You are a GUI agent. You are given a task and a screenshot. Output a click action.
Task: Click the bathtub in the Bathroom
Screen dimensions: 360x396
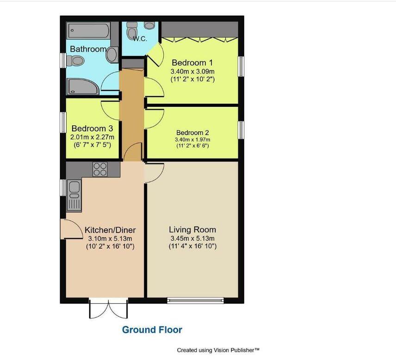(x=89, y=31)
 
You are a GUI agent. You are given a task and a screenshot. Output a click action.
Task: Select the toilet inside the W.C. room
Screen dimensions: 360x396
(x=132, y=32)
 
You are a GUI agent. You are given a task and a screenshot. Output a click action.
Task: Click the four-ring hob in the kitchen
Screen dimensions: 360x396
(x=99, y=170)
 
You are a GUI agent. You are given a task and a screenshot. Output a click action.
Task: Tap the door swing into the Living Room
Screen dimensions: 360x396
(x=154, y=173)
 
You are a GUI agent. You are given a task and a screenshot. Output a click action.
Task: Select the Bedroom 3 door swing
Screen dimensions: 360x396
(x=111, y=109)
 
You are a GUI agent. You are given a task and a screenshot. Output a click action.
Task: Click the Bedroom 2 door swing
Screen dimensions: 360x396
(x=154, y=119)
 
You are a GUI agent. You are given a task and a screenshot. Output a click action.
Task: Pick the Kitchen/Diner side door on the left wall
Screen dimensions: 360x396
(x=69, y=229)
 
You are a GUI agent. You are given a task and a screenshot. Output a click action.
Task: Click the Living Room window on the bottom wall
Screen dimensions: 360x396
(x=196, y=300)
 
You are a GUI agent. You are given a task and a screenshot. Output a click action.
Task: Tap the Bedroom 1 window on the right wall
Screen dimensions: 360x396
(x=241, y=65)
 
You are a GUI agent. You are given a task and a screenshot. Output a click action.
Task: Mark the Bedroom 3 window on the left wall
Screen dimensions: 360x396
(x=63, y=123)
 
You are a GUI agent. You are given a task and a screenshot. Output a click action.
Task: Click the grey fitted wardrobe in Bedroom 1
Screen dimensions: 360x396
(x=199, y=28)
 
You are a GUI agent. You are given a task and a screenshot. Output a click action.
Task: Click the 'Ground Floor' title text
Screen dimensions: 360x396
(x=152, y=329)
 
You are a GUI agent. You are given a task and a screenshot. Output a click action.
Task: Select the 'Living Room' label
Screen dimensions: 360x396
(x=192, y=229)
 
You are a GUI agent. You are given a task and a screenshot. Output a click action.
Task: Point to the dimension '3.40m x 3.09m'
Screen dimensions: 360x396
(x=192, y=72)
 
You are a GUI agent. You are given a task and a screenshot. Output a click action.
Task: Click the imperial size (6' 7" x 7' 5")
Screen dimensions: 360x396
(x=92, y=145)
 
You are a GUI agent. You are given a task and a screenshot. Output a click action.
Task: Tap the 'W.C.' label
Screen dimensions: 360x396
(x=140, y=39)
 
